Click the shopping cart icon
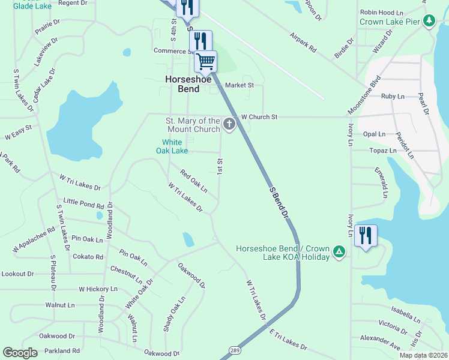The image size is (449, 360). tap(205, 61)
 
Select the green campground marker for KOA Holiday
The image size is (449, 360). tap(339, 251)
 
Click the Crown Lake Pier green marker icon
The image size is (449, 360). tap(429, 22)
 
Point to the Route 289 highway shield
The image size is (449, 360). tap(234, 349)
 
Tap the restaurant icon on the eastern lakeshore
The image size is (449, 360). tap(366, 235)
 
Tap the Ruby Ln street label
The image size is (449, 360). tap(393, 96)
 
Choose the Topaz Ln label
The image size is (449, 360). tap(384, 151)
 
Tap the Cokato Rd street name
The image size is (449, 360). tap(88, 257)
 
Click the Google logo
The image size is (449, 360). tap(20, 353)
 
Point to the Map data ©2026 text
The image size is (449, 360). tap(423, 355)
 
